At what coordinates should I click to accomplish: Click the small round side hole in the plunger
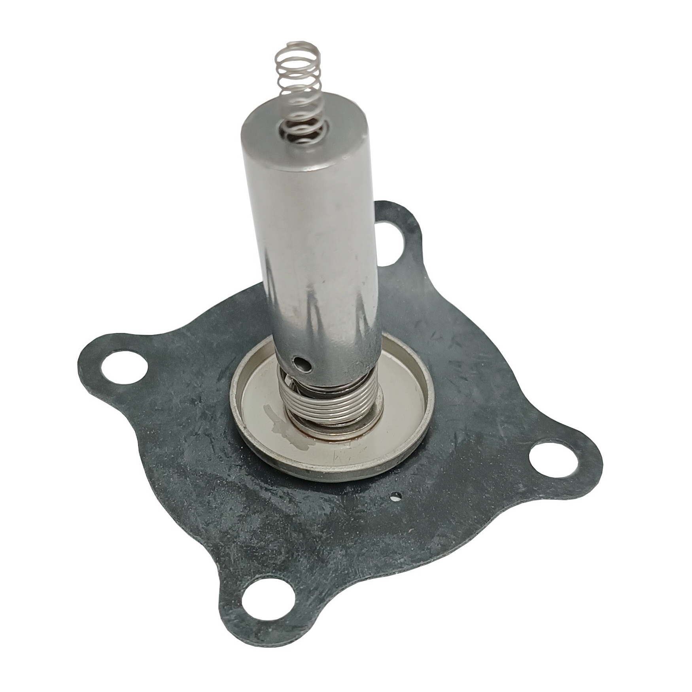(x=301, y=360)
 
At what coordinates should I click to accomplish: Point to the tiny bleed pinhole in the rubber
(x=396, y=499)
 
